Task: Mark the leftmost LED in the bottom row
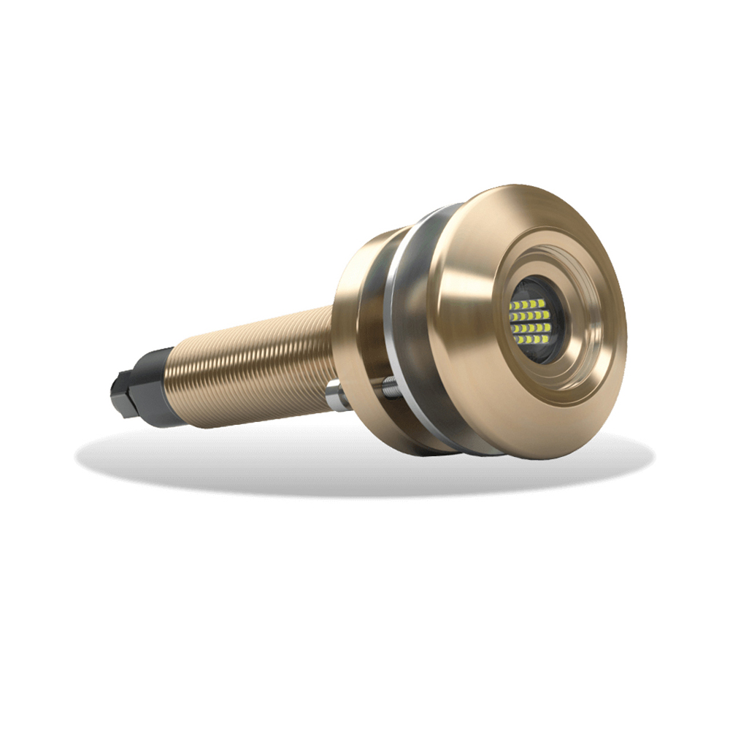pyautogui.click(x=517, y=340)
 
